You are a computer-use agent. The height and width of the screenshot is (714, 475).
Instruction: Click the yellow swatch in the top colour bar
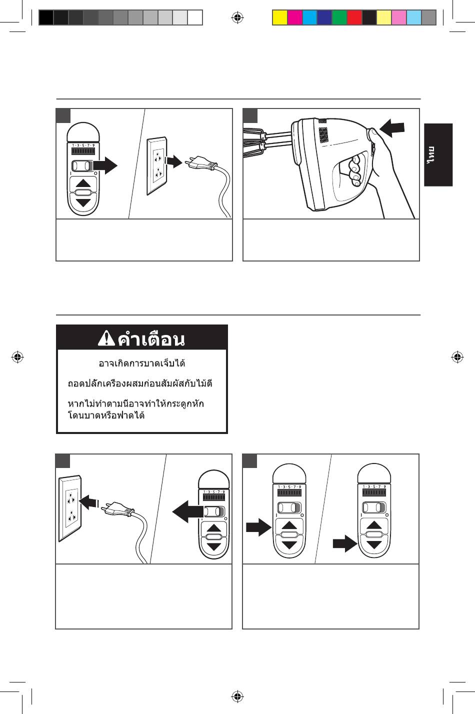[279, 17]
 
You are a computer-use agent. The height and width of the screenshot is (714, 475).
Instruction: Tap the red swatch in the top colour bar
[354, 17]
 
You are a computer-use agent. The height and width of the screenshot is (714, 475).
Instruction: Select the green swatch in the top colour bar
[339, 17]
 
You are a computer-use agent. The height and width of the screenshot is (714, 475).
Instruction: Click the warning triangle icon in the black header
[106, 339]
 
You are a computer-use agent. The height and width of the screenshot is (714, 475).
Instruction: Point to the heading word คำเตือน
[151, 339]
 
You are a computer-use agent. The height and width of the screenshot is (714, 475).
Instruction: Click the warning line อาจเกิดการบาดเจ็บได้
[142, 363]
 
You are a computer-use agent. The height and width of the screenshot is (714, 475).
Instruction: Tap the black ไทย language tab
[438, 155]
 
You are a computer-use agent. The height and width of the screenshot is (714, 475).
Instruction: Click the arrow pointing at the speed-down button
[344, 543]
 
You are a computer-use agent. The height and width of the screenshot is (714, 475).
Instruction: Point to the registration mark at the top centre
[237, 18]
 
